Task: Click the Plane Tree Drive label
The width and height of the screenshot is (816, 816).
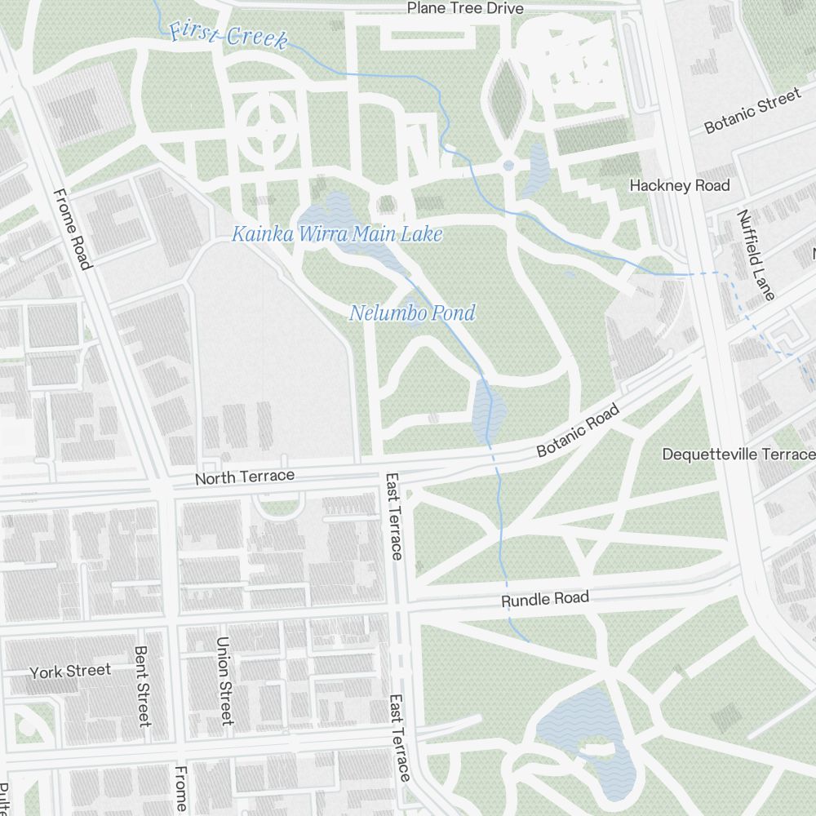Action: pos(465,9)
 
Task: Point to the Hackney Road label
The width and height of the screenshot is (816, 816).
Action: pos(679,186)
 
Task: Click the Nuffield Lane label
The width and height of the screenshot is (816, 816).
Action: pos(756,255)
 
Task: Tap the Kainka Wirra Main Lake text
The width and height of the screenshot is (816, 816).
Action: pos(337,235)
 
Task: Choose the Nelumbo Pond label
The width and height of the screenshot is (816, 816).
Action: pos(412,313)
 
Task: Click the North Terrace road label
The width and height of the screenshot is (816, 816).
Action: pos(244,477)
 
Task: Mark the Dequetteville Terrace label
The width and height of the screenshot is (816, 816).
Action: pos(738,455)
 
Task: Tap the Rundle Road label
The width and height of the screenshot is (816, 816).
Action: pos(544,600)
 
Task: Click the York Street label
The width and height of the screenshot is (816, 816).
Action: pos(70,672)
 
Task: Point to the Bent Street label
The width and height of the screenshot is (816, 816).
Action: pos(143,686)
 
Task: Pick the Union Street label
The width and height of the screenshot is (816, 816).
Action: pos(225,681)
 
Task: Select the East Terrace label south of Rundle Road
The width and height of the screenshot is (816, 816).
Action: pos(398,738)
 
